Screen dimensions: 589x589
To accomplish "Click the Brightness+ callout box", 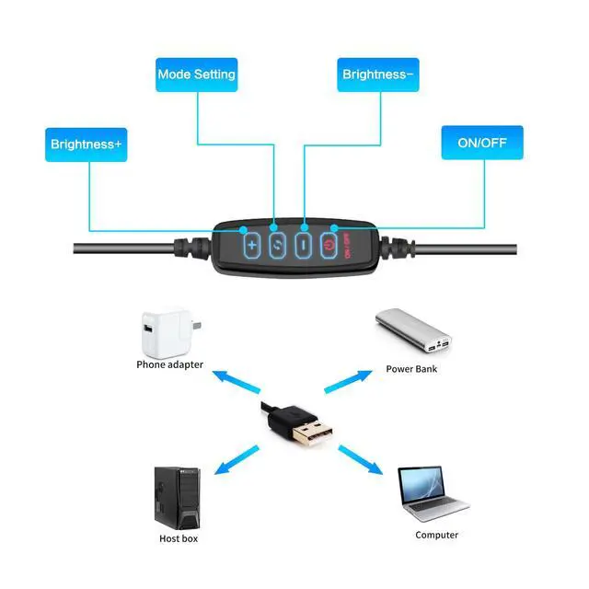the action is tap(86, 144).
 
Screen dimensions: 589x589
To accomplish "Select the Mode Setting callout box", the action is tap(196, 75).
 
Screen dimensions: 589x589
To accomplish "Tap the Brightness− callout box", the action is tap(378, 75).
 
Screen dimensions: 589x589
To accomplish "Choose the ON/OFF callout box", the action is tap(482, 143).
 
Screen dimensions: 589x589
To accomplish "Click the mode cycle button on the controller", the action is tap(277, 246).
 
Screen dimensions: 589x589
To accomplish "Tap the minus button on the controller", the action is tap(304, 246).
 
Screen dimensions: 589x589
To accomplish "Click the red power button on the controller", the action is tap(329, 246).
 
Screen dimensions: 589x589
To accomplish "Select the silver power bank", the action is tap(413, 331).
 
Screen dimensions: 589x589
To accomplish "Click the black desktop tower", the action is tap(178, 498).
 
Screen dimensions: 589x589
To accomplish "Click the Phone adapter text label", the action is tap(169, 364).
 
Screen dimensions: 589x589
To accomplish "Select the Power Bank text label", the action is tap(411, 369).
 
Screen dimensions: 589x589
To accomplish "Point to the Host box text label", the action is tap(179, 538).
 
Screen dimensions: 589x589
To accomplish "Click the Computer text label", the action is tap(436, 535).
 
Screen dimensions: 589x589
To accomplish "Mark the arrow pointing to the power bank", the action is tap(348, 382).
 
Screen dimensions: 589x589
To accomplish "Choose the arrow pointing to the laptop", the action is tap(361, 460).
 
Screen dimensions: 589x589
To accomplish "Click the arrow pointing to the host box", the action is tap(237, 460).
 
